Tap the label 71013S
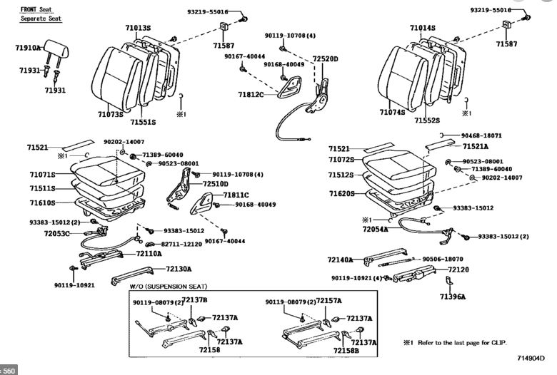coord(138,28)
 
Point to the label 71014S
coord(423,28)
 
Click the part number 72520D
coord(325,58)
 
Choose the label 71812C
coord(251,94)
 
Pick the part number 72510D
coord(216,183)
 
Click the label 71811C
coord(236,195)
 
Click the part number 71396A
coord(453,297)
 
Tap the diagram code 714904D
coord(531,358)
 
